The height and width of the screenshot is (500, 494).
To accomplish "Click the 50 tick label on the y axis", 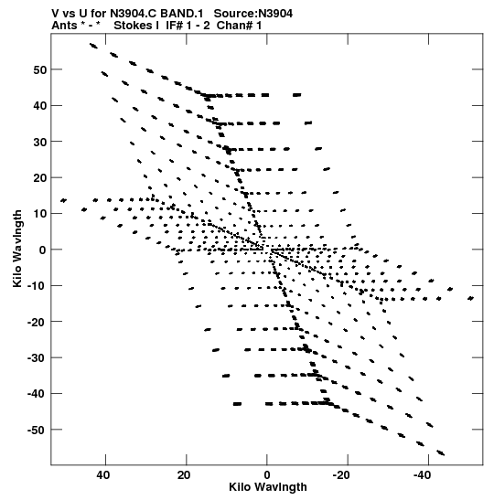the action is pos(40,69).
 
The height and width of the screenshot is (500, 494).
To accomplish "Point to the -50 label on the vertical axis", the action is pos(37,431).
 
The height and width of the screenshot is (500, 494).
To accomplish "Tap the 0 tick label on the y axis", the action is pos(43,250).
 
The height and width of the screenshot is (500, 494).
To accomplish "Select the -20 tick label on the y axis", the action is pos(37,322).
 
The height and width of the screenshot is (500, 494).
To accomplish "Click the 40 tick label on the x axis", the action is pos(103,475).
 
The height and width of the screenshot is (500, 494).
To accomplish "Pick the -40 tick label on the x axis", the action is pos(423,475).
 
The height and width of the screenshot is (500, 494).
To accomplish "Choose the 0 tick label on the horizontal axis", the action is pos(267,475).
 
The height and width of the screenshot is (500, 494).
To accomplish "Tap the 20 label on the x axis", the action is pos(184,475).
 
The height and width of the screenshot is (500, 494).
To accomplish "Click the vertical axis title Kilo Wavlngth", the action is pos(17,249).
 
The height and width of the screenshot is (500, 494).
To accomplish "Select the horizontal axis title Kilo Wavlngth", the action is pos(268,487).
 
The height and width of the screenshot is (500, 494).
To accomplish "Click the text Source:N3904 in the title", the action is pos(253,14).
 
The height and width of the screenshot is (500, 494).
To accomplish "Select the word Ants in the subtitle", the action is pos(64,26).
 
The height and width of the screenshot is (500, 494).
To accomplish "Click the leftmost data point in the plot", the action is pos(63,200).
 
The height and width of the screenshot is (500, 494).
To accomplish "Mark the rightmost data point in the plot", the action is pos(471,299).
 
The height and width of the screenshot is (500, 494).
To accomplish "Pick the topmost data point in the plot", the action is pos(93,46).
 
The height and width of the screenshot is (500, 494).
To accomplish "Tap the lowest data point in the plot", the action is pos(441,452).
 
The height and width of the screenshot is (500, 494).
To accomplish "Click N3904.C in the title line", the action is pos(134,14).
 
